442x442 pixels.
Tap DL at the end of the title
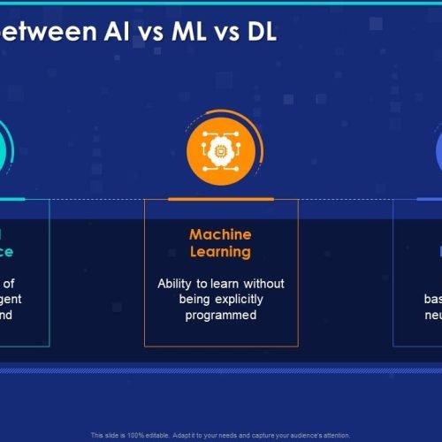pos(257,33)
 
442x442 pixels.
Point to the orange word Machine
pos(220,234)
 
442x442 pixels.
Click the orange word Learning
pos(220,252)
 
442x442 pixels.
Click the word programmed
pos(221,315)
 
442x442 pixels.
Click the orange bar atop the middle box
pos(220,199)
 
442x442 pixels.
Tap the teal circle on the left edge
pos(7,149)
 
